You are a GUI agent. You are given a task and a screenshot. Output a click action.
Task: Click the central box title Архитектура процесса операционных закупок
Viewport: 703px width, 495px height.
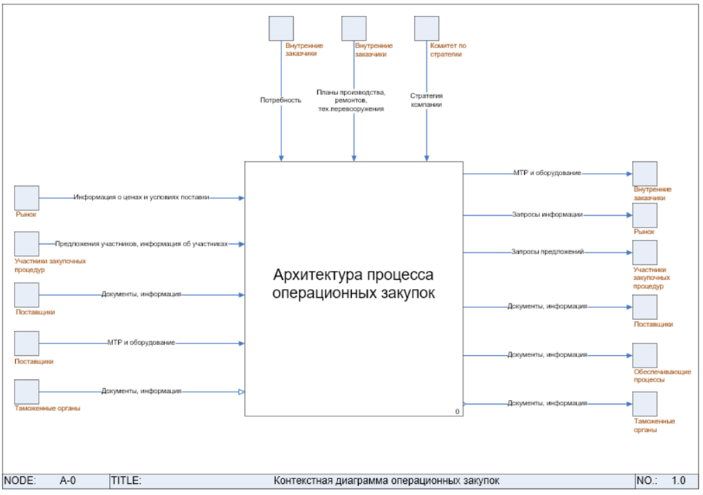[353, 283]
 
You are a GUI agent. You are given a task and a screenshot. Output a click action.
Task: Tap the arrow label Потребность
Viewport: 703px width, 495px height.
[281, 101]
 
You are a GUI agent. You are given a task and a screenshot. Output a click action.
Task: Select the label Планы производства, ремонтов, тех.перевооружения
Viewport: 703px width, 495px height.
[351, 101]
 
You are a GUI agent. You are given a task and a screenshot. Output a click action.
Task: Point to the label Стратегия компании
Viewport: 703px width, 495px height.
[426, 100]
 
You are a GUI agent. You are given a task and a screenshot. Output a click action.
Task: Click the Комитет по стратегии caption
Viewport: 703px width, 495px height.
[448, 50]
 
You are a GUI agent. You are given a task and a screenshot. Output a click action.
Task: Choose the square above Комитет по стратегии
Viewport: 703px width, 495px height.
[426, 28]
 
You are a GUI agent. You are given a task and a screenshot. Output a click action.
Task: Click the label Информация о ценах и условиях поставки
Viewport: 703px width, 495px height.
[141, 197]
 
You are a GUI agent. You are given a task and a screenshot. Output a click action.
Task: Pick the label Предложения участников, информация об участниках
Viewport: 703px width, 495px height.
[141, 244]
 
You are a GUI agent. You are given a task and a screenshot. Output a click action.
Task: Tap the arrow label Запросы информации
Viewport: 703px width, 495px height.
[547, 214]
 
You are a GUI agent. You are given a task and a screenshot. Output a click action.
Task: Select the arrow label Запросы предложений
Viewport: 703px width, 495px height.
[547, 252]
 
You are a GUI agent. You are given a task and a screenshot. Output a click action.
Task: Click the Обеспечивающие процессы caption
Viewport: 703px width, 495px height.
[662, 376]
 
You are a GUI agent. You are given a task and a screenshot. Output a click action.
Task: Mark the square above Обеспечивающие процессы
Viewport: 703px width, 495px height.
[645, 355]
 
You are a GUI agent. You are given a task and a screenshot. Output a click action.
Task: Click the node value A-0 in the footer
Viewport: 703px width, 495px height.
[68, 481]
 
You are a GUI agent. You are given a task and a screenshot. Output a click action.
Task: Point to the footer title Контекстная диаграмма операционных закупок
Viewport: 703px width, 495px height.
[386, 481]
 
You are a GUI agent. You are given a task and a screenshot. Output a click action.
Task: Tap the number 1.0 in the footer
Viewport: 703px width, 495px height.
[678, 481]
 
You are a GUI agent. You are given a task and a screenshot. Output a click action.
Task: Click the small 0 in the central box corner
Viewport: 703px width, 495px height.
[457, 412]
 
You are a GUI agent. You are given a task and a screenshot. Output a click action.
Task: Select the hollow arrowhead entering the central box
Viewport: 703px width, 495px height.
[241, 392]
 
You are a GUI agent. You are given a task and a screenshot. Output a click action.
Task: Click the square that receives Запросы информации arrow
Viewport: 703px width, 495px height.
[645, 215]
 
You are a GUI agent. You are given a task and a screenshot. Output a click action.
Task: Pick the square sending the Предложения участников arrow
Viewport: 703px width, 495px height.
[26, 243]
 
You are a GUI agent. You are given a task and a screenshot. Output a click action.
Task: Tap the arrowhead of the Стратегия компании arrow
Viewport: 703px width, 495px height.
[426, 158]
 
